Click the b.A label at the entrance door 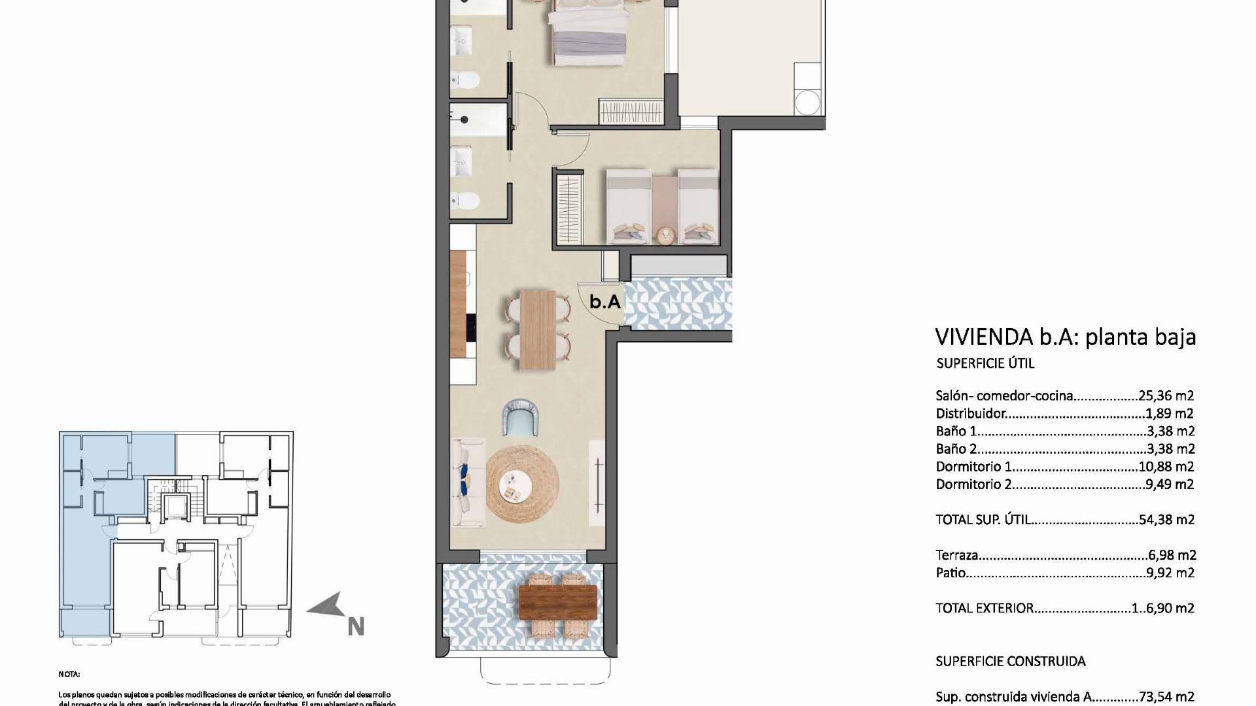[x=604, y=302]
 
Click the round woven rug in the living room [x=523, y=484]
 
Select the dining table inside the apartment [x=538, y=328]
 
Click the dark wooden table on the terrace [x=557, y=602]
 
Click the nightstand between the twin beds [x=665, y=235]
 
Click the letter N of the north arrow [x=355, y=626]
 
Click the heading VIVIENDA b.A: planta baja [x=1065, y=337]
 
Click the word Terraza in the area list [x=957, y=556]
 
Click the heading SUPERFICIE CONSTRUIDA [x=1011, y=662]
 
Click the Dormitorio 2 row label [x=973, y=484]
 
